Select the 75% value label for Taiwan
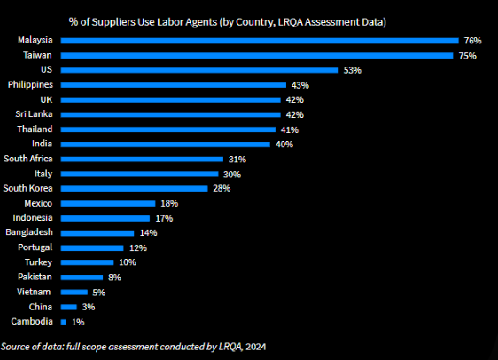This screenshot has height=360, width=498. pyautogui.click(x=468, y=56)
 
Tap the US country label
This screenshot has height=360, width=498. pyautogui.click(x=47, y=69)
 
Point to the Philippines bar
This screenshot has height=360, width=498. pyautogui.click(x=173, y=85)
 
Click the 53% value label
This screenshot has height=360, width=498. pyautogui.click(x=352, y=70)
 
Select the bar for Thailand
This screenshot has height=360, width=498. pyautogui.click(x=168, y=129)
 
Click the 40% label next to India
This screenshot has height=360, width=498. pyautogui.click(x=284, y=145)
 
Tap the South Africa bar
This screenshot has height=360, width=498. pyautogui.click(x=142, y=159)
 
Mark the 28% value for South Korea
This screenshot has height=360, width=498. pyautogui.click(x=222, y=188)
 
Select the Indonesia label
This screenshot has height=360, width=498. pyautogui.click(x=33, y=217)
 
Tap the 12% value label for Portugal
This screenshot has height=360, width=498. pyautogui.click(x=137, y=247)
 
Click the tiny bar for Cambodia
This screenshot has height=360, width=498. pyautogui.click(x=63, y=322)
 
